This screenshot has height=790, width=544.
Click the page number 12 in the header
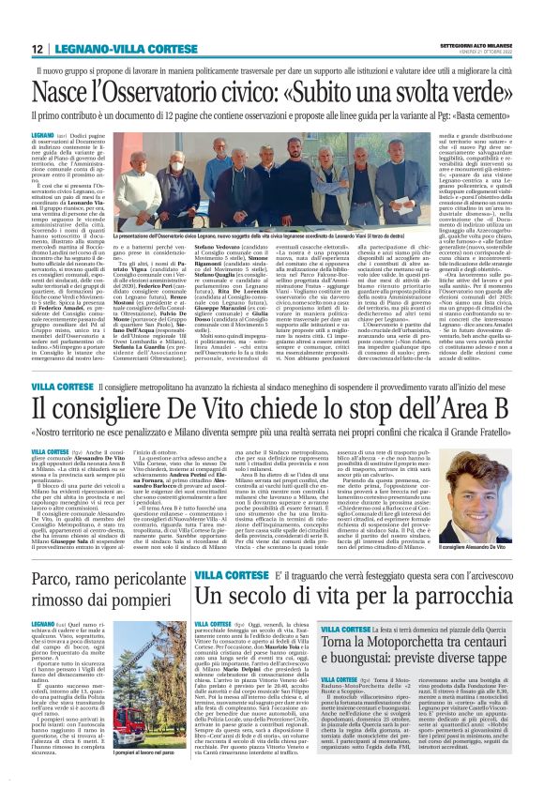pos(36,49)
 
